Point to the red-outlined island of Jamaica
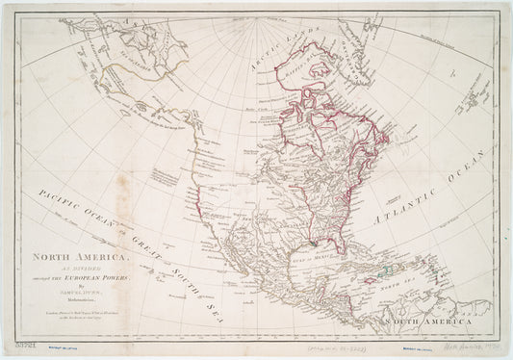[382, 278]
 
